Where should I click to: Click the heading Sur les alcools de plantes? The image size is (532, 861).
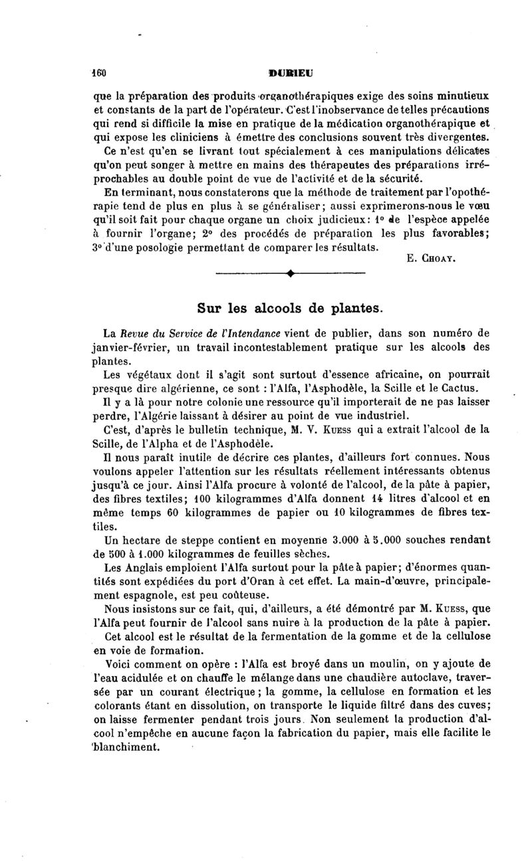tap(290, 308)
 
